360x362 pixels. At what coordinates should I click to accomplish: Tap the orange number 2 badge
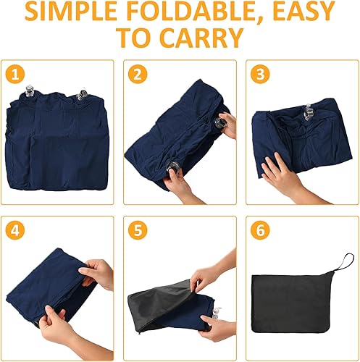click(135, 74)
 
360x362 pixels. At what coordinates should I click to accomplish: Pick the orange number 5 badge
click(135, 232)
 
